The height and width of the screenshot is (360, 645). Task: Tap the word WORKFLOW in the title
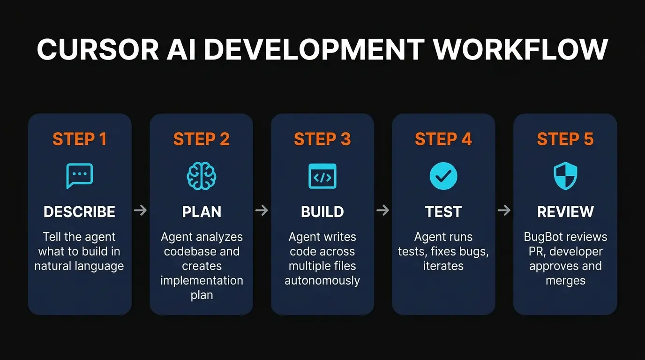click(x=520, y=49)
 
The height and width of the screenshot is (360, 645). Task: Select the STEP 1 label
click(x=80, y=139)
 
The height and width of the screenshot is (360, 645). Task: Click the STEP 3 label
click(x=322, y=139)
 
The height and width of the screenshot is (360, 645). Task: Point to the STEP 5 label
click(x=565, y=139)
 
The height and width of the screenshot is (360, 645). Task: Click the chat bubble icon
click(x=80, y=176)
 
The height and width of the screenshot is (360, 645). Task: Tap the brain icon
click(x=202, y=176)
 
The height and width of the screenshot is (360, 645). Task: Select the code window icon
click(x=322, y=176)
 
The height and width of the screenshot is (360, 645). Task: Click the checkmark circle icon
click(x=443, y=176)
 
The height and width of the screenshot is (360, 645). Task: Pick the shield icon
click(x=565, y=176)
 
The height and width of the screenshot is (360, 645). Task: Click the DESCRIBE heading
click(x=80, y=212)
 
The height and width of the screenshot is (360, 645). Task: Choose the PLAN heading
click(x=202, y=212)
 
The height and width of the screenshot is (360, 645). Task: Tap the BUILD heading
click(x=322, y=212)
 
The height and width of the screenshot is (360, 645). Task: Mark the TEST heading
click(x=443, y=212)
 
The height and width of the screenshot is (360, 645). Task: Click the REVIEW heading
click(x=565, y=212)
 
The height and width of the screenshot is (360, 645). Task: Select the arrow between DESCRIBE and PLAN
click(x=140, y=210)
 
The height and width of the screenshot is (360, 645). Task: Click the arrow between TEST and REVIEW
click(x=504, y=210)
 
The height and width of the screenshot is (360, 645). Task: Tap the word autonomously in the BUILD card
click(x=322, y=281)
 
